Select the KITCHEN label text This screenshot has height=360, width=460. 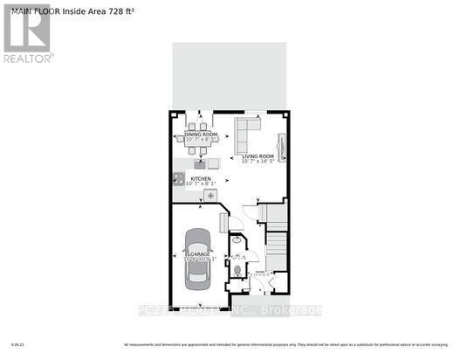[201, 178]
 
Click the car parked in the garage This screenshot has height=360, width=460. [198, 261]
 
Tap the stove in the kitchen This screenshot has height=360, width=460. [178, 181]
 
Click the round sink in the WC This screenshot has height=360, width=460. [236, 239]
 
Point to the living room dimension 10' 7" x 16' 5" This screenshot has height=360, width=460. [258, 161]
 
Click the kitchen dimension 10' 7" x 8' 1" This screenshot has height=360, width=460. [202, 183]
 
